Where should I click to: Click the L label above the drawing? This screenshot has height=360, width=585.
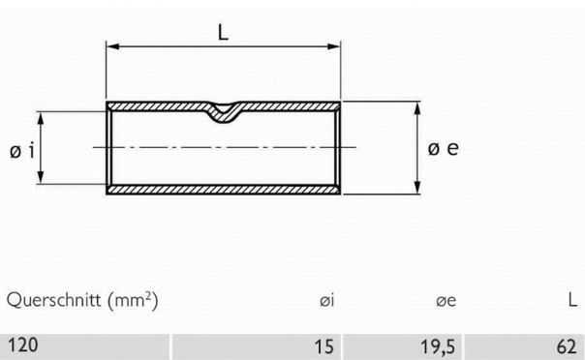224,32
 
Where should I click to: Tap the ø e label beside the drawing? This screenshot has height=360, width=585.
441,150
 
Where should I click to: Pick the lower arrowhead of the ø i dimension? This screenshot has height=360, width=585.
41,180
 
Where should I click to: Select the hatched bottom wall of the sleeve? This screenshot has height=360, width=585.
224,190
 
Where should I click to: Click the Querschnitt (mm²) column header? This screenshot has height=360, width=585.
82,301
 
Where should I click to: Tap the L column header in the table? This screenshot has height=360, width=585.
572,302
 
